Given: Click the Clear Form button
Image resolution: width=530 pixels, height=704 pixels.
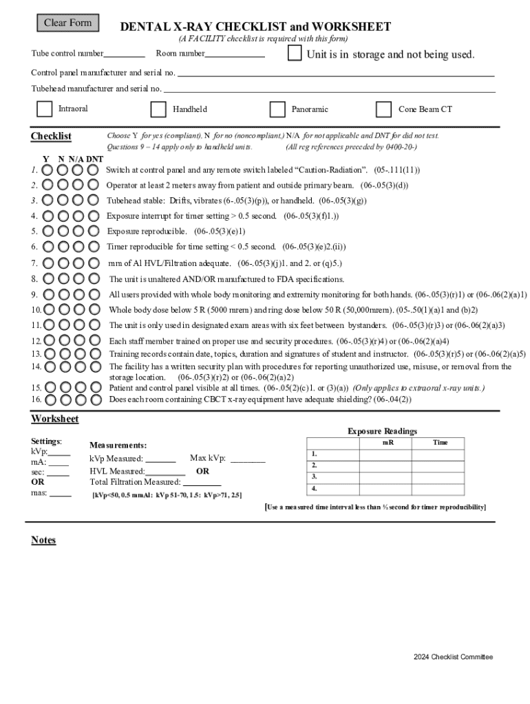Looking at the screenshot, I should tap(67, 23).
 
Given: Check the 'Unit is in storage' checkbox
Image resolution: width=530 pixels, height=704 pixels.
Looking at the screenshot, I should tap(295, 54).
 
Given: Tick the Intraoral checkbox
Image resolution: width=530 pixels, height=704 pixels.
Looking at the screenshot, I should tap(44, 109).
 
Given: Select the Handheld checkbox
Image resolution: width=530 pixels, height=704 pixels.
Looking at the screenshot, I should tap(158, 109).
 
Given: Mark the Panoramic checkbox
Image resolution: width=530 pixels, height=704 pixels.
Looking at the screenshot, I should tap(277, 109).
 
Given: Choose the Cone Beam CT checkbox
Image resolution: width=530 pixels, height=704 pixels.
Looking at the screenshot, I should tap(383, 109).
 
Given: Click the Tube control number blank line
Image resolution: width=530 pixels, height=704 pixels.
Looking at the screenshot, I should tap(125, 54).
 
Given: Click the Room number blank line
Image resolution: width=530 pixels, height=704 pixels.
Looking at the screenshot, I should tap(235, 54).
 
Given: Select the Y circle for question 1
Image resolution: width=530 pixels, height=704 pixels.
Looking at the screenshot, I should tap(47, 170).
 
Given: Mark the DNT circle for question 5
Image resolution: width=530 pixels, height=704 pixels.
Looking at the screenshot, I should tap(94, 232).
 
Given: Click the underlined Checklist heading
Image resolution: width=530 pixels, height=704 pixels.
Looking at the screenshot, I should tap(51, 136).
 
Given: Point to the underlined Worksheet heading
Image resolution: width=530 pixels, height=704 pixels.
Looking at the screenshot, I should tap(55, 419).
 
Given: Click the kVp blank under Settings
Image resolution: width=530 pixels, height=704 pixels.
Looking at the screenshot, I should tap(59, 452).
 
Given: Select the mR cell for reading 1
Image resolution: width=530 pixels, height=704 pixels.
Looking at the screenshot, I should tap(387, 454).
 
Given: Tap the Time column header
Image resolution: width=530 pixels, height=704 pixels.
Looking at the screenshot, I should tap(441, 443).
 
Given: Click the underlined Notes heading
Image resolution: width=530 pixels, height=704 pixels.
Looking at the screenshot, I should tap(43, 540).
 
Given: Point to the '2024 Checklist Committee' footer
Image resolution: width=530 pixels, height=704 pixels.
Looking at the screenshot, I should tap(453, 657).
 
